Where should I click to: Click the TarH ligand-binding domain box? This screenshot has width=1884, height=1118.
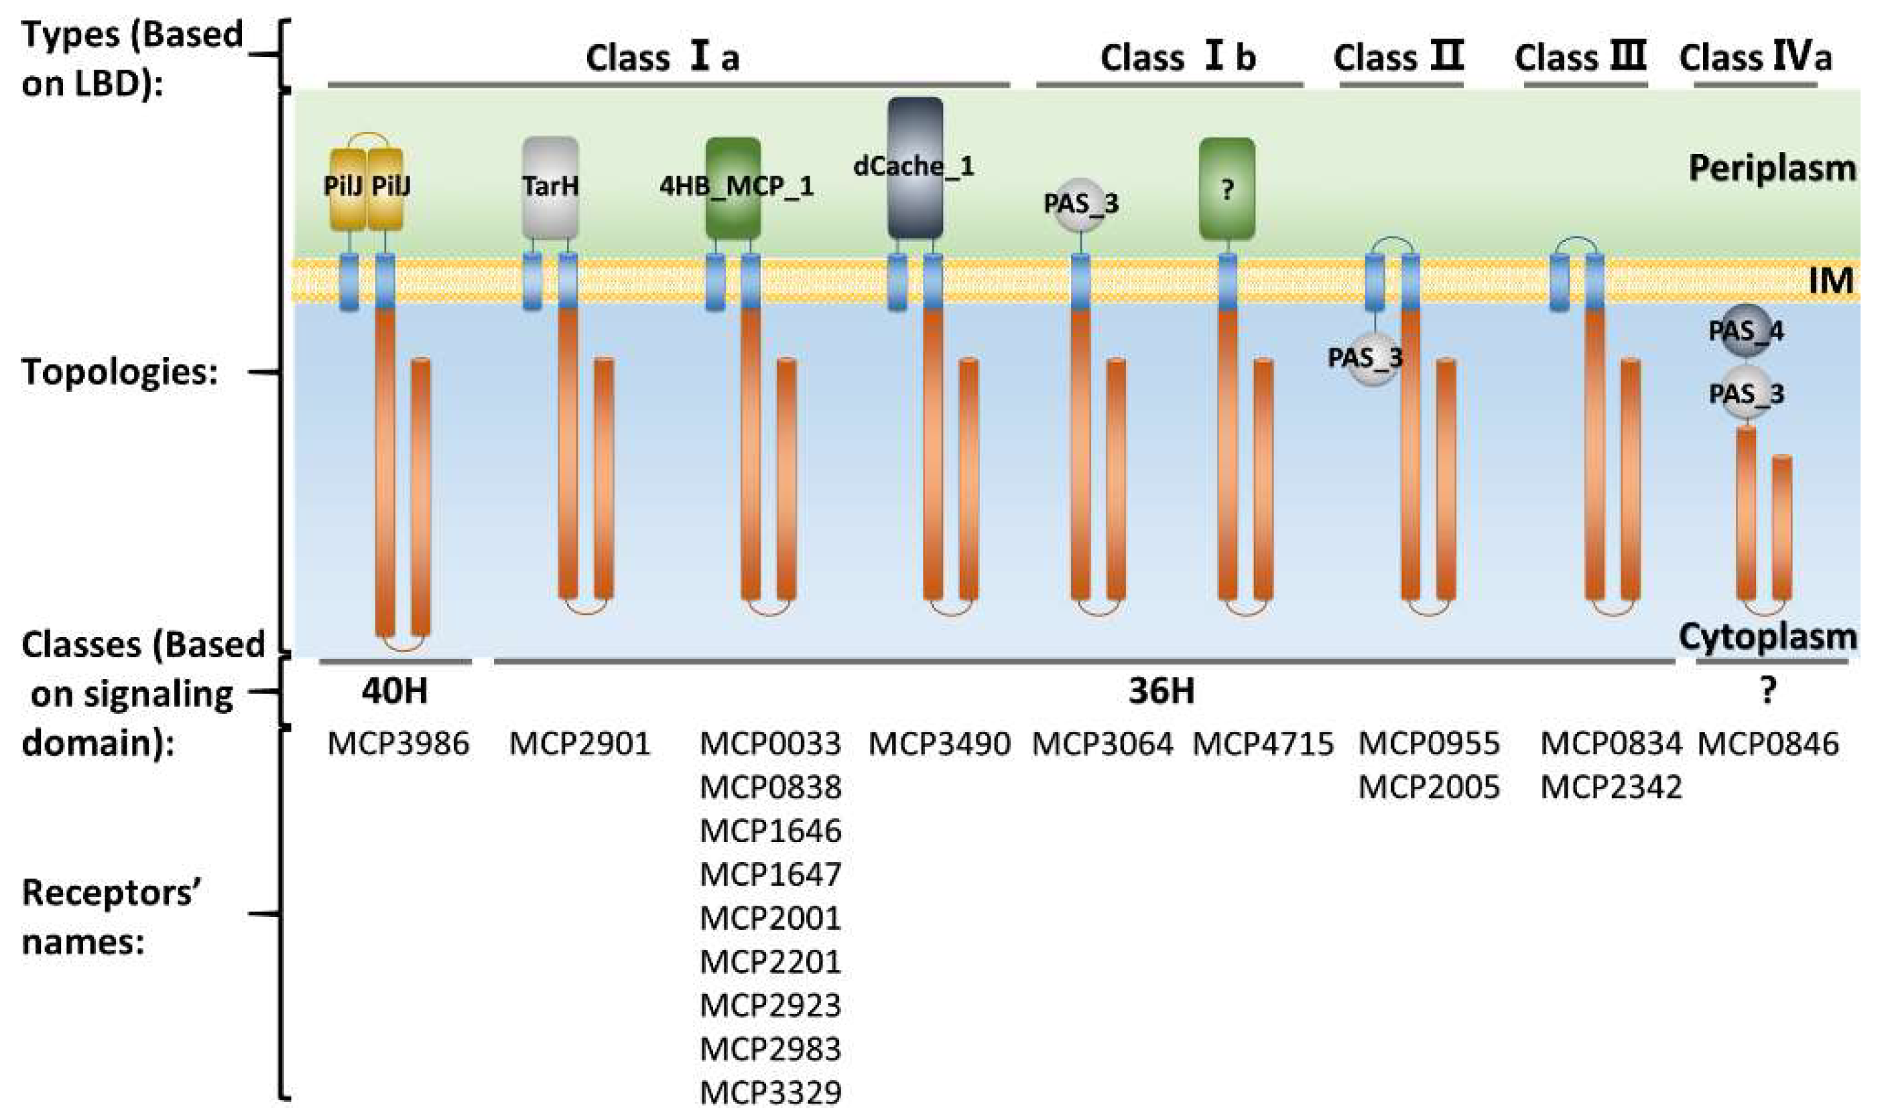(x=550, y=187)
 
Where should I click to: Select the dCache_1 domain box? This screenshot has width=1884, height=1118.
(x=915, y=167)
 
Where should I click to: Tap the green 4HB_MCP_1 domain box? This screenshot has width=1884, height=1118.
(x=733, y=187)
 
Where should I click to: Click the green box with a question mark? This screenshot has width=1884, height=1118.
(x=1227, y=189)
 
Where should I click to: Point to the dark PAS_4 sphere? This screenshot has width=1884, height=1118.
(x=1745, y=330)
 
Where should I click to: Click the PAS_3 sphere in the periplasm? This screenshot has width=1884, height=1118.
(x=1080, y=204)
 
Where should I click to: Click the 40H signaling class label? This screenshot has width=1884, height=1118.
(x=394, y=691)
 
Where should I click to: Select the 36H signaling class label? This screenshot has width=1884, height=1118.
(x=1161, y=691)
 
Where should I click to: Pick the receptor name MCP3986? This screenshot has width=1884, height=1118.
(x=398, y=744)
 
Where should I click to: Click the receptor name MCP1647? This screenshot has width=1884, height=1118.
(x=770, y=875)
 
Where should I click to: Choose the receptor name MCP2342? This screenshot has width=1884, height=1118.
(x=1611, y=788)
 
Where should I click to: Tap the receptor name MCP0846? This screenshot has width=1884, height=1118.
(x=1768, y=744)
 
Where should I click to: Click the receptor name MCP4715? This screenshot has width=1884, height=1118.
(x=1263, y=744)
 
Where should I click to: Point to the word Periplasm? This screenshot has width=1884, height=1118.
(x=1771, y=168)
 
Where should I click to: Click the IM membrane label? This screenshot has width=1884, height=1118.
(x=1830, y=281)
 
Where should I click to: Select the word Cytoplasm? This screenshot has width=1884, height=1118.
(x=1767, y=637)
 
